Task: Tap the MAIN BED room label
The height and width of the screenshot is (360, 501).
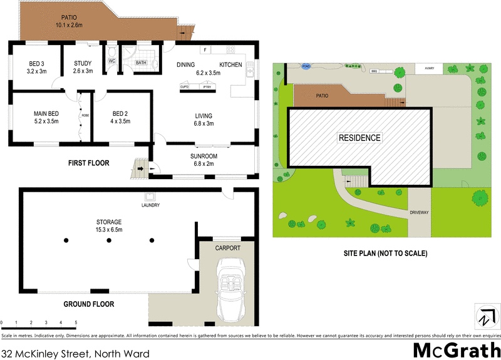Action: point(46,114)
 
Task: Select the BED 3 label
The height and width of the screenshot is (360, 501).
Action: point(37,63)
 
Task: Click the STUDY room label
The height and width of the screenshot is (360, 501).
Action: point(83,63)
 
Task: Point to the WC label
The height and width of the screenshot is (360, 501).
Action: point(112,61)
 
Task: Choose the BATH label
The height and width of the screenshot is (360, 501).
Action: point(141,63)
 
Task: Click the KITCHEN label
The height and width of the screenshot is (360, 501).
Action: point(230,64)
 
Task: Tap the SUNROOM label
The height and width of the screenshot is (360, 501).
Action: point(204,156)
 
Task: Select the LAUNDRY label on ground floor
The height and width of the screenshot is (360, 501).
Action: point(150,205)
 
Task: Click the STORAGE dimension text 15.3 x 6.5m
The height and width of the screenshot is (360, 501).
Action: point(109,230)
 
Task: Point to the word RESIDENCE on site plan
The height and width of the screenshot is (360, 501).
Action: point(359,138)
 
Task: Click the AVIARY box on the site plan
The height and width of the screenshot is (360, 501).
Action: point(429,68)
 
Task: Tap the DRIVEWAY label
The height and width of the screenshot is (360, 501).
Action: point(420,213)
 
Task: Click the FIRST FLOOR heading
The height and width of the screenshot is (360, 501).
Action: point(88,163)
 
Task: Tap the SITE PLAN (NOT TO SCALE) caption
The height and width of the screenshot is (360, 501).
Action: point(385,254)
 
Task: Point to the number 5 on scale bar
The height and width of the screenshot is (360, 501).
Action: point(76,322)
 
